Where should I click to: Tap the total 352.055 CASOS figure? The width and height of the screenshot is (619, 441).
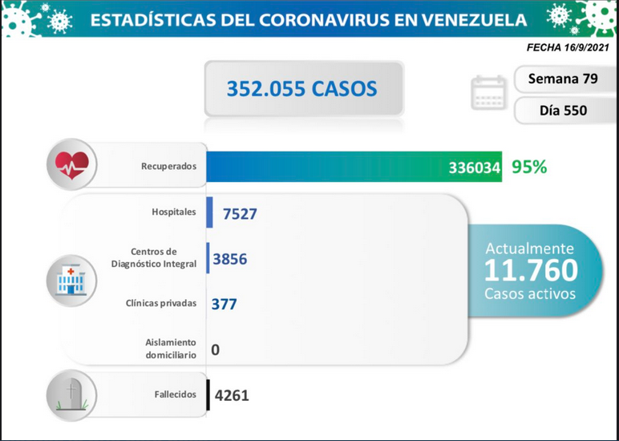tap(301, 89)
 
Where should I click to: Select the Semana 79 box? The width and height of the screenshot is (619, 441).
tap(563, 79)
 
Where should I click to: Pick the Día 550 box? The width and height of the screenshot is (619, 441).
tap(564, 111)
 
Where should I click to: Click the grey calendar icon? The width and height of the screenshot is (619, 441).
tap(488, 92)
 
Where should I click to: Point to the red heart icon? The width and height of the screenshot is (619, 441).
tap(72, 165)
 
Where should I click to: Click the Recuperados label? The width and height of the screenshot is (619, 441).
tap(168, 167)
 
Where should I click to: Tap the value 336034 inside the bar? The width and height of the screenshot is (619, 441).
tap(475, 168)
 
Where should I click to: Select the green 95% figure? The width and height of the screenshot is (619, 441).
tap(529, 168)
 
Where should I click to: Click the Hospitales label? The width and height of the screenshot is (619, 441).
tap(174, 212)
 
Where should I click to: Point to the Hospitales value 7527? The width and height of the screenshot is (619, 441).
tap(240, 214)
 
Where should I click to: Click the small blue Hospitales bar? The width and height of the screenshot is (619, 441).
tap(209, 212)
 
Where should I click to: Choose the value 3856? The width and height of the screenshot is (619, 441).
tap(230, 259)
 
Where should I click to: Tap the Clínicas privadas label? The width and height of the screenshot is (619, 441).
tap(160, 304)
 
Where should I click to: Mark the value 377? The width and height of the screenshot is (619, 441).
tap(225, 305)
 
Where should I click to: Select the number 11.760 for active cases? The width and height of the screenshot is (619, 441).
tap(531, 270)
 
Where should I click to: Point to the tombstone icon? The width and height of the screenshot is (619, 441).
tap(71, 396)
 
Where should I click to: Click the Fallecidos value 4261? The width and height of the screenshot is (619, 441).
tap(232, 395)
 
